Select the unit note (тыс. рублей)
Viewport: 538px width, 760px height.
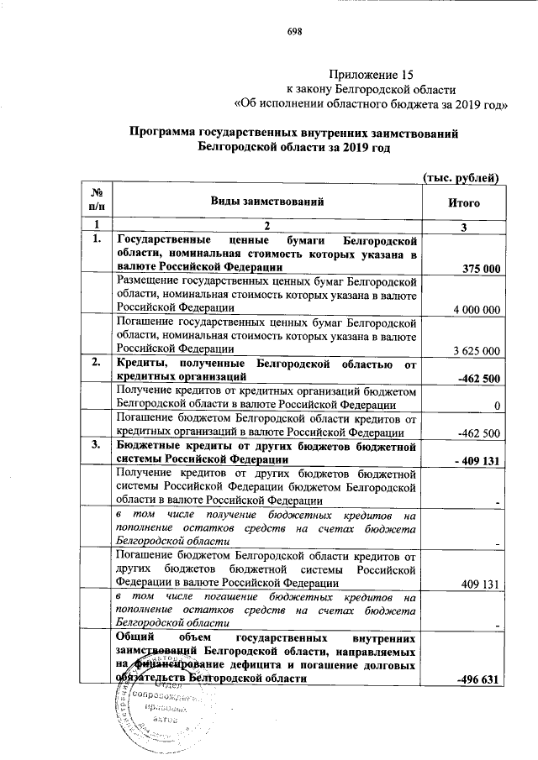tap(461, 176)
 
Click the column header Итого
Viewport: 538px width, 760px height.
tap(463, 202)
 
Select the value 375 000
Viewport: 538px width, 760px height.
tap(482, 268)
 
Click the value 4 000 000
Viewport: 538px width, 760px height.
tap(477, 309)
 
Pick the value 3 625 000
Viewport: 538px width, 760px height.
tap(477, 350)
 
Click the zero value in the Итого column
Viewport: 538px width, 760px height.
tap(498, 406)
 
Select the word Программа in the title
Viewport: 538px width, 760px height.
tap(164, 133)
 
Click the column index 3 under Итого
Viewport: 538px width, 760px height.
tap(463, 225)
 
